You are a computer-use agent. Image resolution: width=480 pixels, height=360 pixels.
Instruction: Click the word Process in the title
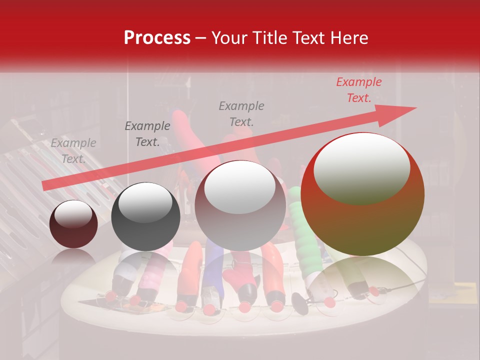coord(157,38)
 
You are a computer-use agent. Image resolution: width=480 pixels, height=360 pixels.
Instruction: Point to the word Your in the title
coord(228,38)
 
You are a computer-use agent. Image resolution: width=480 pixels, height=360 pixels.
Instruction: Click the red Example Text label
coord(358,90)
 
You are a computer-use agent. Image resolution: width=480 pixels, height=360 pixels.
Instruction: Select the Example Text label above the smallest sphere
coord(73,151)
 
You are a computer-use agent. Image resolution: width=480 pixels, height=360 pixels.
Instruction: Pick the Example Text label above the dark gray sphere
coord(147,134)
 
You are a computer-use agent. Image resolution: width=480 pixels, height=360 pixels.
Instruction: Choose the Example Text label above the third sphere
coord(241,113)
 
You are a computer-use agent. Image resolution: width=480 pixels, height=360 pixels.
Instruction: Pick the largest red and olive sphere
coord(362,220)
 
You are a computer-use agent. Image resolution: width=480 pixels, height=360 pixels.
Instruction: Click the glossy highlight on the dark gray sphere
coord(145,202)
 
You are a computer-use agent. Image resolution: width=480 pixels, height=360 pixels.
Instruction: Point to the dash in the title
coord(201,38)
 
